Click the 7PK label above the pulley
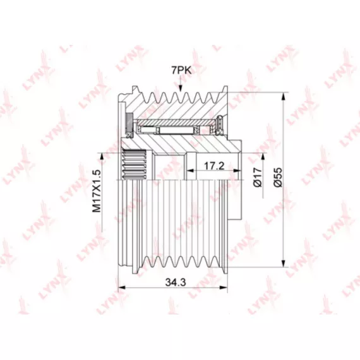coord(181,71)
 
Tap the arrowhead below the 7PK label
coord(180,88)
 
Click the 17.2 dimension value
coord(214,165)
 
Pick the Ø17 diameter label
coord(258,177)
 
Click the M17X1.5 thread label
coord(97,191)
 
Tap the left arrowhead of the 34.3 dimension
coord(121,287)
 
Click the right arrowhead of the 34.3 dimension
coord(224,287)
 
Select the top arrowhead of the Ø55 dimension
coord(284,96)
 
